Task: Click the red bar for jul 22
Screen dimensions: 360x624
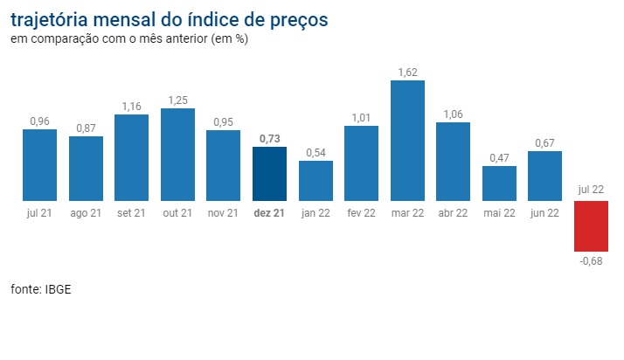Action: pyautogui.click(x=590, y=225)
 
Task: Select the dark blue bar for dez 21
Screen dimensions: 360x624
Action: pyautogui.click(x=269, y=173)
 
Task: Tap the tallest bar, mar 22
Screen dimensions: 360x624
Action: pyautogui.click(x=407, y=140)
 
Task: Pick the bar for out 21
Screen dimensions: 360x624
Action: pyautogui.click(x=177, y=154)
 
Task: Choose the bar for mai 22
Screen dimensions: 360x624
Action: pyautogui.click(x=499, y=183)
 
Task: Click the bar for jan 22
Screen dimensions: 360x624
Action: pyautogui.click(x=315, y=180)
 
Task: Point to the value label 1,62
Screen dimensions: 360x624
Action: pyautogui.click(x=407, y=72)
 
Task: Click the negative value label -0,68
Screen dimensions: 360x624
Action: pyautogui.click(x=590, y=260)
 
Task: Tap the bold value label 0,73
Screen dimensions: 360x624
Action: pyautogui.click(x=269, y=139)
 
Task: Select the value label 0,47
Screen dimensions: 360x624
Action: pyautogui.click(x=499, y=158)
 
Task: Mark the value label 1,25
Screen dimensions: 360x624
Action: pyautogui.click(x=177, y=100)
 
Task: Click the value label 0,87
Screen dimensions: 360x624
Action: pyautogui.click(x=86, y=128)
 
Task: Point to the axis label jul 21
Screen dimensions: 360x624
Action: pyautogui.click(x=39, y=212)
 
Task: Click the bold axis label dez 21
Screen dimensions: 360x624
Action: pyautogui.click(x=269, y=212)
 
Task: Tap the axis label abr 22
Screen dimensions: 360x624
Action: pyautogui.click(x=453, y=212)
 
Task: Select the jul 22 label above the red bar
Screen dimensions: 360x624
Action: pyautogui.click(x=590, y=189)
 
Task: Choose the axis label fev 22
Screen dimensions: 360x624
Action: pyautogui.click(x=361, y=212)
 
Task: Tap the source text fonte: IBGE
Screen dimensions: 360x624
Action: pyautogui.click(x=40, y=289)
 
